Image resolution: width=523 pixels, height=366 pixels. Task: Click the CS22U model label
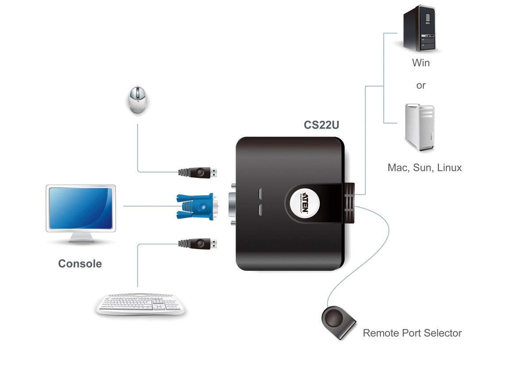click(x=322, y=125)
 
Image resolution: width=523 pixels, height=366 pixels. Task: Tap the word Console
click(x=80, y=264)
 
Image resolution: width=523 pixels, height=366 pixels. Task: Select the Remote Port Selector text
click(x=412, y=333)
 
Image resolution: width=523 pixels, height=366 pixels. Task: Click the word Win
click(x=421, y=63)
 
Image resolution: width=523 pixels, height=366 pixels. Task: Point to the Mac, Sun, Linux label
click(x=424, y=168)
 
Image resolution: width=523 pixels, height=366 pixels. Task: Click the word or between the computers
click(x=421, y=85)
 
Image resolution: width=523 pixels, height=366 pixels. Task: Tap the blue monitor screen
click(x=80, y=208)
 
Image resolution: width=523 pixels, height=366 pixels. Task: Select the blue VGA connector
click(x=195, y=206)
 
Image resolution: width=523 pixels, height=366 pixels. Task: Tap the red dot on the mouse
click(x=139, y=101)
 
